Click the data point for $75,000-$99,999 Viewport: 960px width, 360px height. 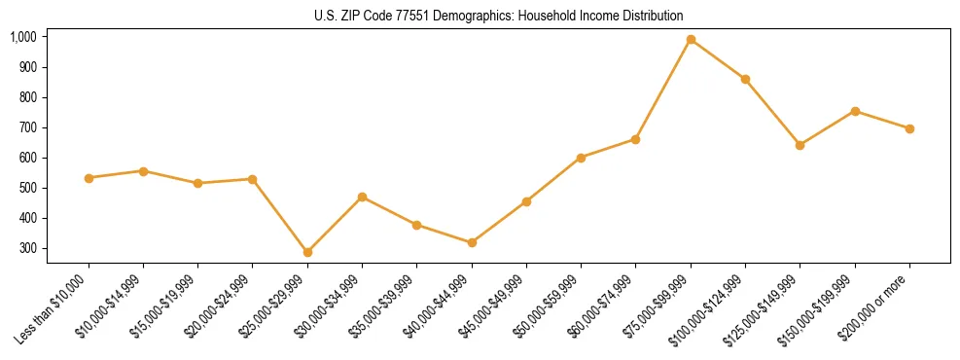691,40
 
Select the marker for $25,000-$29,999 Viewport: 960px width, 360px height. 307,252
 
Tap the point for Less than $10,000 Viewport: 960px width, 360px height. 89,178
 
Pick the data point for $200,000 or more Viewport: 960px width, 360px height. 909,128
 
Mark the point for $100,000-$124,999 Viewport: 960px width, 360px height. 745,79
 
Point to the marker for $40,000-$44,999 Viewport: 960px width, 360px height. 472,242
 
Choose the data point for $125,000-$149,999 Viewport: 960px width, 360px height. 800,145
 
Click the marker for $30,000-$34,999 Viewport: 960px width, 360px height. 362,197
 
